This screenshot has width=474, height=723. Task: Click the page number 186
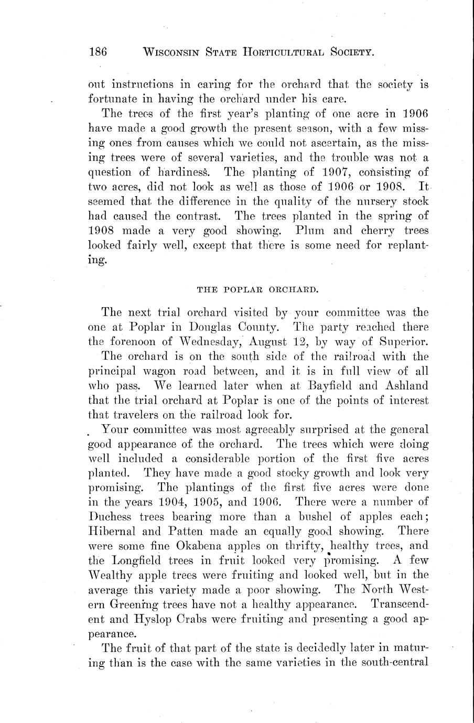(98, 52)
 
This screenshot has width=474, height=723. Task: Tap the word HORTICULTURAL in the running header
(281, 52)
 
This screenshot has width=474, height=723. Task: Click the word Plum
(310, 230)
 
